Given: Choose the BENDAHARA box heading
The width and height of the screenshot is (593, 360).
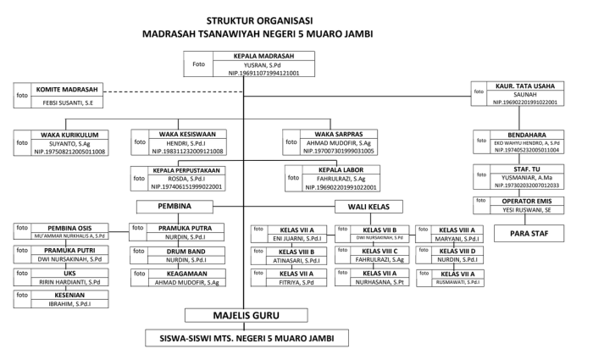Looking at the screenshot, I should [x=530, y=136].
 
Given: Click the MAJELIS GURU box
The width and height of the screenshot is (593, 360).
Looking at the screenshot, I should [x=245, y=317].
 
